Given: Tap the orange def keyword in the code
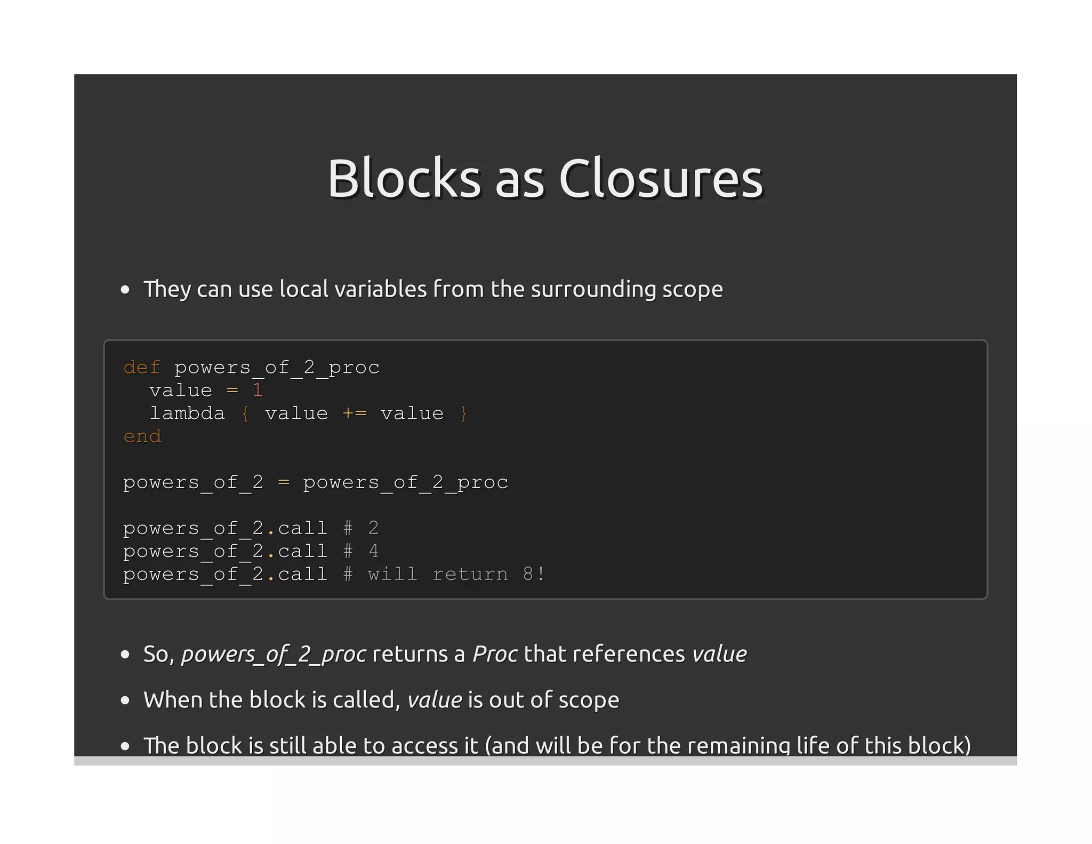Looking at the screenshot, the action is pos(142,368).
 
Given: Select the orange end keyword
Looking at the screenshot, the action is pos(142,436).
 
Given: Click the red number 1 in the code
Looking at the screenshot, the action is pos(258,391).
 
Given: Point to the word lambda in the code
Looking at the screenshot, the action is pos(187,413).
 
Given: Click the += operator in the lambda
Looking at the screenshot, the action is pos(355,413).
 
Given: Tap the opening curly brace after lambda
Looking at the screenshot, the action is pos(245,413).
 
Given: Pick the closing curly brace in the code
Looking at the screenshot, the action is pos(464,413).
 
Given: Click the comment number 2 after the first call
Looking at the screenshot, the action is pos(373,528).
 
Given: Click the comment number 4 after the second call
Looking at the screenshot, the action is pos(373,551).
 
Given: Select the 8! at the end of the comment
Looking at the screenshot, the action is pos(534,574).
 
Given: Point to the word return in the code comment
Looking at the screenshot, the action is pos(470,574).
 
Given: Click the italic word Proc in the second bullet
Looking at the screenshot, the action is pos(495,654).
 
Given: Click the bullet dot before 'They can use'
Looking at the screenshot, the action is pos(125,290).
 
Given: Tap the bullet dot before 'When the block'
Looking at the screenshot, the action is pos(125,700).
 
